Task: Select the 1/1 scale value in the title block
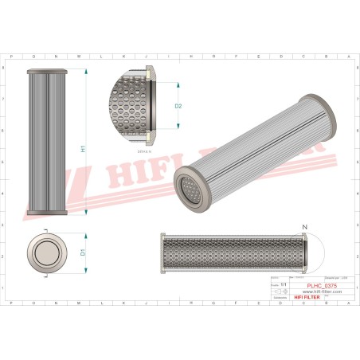[282, 284]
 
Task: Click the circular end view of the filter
[45, 252]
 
